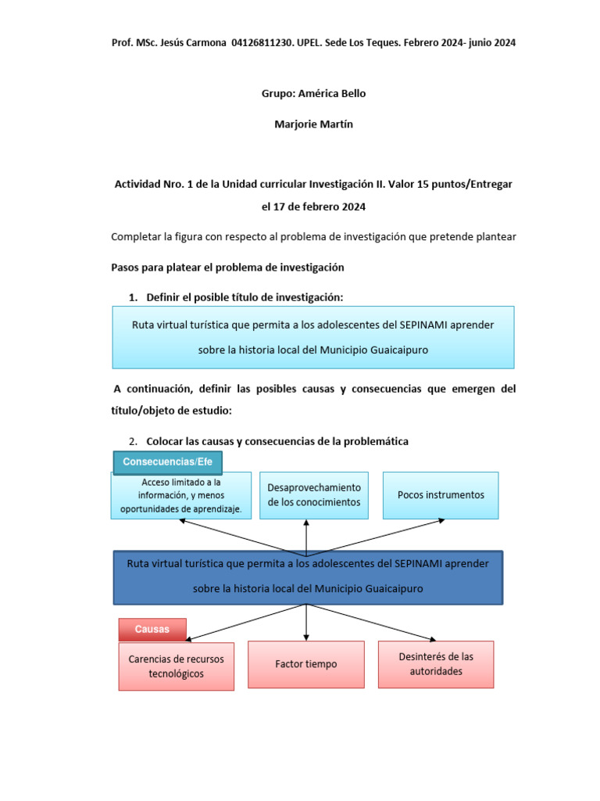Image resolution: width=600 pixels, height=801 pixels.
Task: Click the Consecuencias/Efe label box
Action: coord(168,462)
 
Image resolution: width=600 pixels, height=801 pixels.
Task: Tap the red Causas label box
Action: coord(152,630)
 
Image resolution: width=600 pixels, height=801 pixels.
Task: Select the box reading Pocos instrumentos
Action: coord(441,495)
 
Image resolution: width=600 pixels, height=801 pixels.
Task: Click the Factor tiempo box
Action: coord(306,664)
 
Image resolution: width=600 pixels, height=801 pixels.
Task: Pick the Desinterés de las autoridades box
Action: coord(436,664)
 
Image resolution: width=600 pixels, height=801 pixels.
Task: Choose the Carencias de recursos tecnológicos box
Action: coord(176,666)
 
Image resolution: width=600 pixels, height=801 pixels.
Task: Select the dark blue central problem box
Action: coord(308,577)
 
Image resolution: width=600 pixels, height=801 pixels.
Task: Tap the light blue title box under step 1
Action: coord(313,337)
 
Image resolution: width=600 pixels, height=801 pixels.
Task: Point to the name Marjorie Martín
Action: coord(313,124)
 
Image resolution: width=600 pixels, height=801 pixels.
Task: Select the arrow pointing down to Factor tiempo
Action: coord(306,623)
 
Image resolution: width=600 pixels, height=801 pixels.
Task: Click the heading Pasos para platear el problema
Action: coord(228,267)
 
